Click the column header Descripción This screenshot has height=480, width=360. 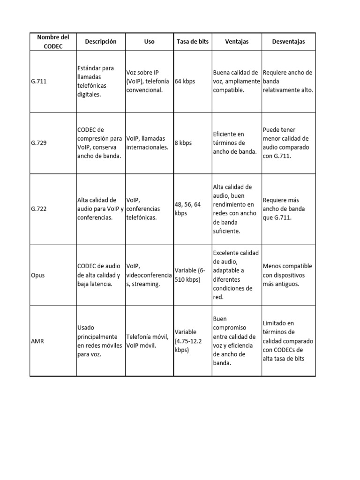[x=100, y=42]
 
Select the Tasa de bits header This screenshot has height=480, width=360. [x=192, y=42]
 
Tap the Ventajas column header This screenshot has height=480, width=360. [x=237, y=42]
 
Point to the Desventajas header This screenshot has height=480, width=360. [x=288, y=42]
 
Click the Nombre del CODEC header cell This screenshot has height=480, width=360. [x=53, y=42]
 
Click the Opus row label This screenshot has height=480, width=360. [x=37, y=275]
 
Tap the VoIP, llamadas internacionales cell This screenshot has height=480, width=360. [x=149, y=143]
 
